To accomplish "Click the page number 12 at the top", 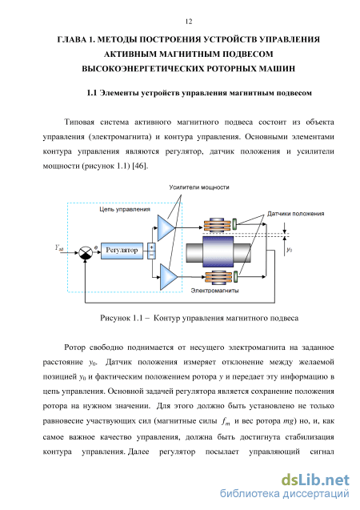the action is coord(189,22).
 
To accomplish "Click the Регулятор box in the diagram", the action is coord(122,251).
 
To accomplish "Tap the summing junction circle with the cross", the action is coord(86,252).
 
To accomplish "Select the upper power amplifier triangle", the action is coord(166,227).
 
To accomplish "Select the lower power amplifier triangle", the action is coord(169,277).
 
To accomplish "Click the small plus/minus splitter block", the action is coord(151,251).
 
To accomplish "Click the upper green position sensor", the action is coord(235,224).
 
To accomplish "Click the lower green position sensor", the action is coord(235,277).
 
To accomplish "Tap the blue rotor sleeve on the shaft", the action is coord(218,251).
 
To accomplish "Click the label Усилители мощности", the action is coord(199,187).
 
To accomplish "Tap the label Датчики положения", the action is coord(296,214).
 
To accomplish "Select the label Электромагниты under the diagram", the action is coord(214,290).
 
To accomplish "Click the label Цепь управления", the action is coord(125,209).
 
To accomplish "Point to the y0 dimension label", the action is coord(289,250).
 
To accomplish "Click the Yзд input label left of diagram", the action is coord(59,248).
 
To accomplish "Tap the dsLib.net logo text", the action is coord(315,480).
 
